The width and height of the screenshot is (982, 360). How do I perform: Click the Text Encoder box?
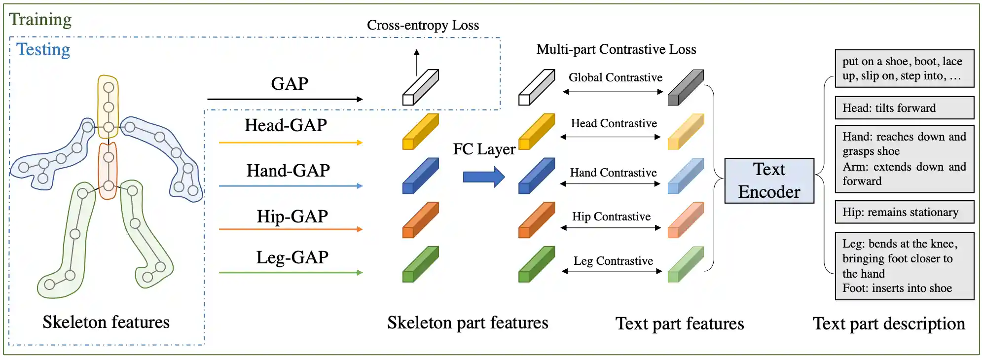pos(768,180)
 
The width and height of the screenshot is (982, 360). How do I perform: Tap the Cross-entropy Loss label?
pos(423,25)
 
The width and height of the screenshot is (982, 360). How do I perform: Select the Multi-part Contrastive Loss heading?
pos(616,49)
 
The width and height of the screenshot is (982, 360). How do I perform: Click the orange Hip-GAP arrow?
pos(291,229)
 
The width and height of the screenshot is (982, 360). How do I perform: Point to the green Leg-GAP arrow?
pos(291,272)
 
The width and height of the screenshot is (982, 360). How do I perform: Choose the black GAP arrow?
pos(285,99)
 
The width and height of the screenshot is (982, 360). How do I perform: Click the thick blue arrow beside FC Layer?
pos(483,177)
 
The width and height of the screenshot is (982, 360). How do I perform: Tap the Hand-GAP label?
pos(288,171)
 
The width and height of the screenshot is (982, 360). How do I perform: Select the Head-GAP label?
pos(286,125)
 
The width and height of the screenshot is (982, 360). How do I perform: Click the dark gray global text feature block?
pos(685,88)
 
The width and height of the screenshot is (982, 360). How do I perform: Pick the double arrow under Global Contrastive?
pos(613,92)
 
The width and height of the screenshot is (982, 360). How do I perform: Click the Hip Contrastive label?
pos(611,216)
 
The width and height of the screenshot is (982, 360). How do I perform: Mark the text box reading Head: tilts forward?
pos(904,108)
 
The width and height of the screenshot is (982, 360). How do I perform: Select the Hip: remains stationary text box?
pos(904,212)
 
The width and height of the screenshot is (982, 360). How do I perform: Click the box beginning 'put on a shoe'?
pos(904,69)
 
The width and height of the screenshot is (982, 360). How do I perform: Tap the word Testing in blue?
pos(43,50)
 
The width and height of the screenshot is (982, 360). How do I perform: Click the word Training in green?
pos(40,20)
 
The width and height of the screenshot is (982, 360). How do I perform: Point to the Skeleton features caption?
pos(106,322)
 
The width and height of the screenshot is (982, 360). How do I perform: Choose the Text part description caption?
pos(889,324)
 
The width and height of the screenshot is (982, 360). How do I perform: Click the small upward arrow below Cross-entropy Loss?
pos(417,62)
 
